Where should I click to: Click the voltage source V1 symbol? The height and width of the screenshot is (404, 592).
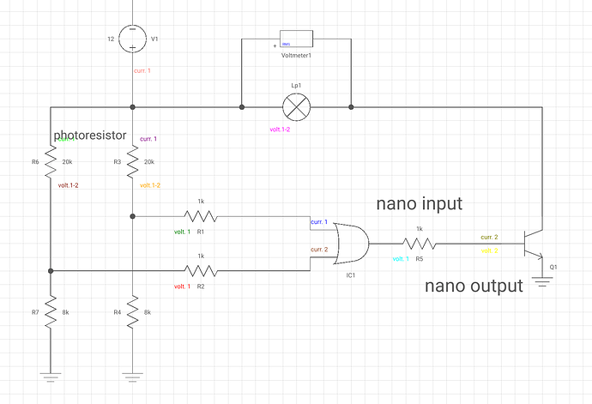click(132, 39)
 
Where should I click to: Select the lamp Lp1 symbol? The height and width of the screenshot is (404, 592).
click(296, 107)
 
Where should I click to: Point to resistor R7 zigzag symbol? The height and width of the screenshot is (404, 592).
click(51, 311)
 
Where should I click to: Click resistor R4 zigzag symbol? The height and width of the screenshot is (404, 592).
click(132, 311)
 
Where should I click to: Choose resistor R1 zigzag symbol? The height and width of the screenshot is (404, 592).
click(201, 216)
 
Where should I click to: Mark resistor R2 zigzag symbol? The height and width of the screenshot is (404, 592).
click(201, 270)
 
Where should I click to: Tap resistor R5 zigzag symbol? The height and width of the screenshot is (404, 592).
click(419, 244)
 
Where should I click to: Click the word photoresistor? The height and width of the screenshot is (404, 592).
click(90, 136)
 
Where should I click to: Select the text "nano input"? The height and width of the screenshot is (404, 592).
click(420, 204)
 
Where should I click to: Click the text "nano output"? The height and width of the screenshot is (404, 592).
click(474, 286)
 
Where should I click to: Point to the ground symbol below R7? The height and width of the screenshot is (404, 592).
click(51, 374)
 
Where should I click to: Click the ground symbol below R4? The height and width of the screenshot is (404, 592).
click(132, 374)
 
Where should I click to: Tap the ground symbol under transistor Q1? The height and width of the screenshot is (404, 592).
click(542, 280)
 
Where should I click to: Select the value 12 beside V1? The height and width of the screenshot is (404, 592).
click(110, 39)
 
